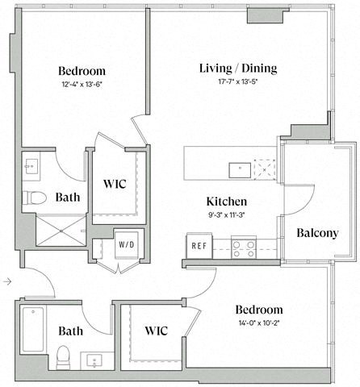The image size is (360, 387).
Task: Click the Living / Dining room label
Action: (x=237, y=68)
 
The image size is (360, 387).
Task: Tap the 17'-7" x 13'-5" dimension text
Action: (x=237, y=81)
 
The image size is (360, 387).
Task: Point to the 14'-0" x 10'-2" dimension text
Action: (x=258, y=324)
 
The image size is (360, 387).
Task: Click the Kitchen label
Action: (x=226, y=202)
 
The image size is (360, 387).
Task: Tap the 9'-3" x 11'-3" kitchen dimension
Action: (x=226, y=214)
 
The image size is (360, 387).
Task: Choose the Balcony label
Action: (x=316, y=233)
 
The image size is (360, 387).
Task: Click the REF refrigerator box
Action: (x=198, y=246)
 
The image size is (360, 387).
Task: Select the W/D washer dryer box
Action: (x=127, y=244)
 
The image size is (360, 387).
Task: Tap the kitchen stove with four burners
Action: (x=244, y=246)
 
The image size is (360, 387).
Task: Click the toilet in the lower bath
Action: (x=63, y=356)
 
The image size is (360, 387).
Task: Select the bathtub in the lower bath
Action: (x=32, y=329)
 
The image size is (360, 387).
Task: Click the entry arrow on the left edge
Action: (x=6, y=281)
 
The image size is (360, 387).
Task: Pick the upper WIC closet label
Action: (x=115, y=185)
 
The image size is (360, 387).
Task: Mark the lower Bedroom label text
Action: (x=258, y=310)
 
